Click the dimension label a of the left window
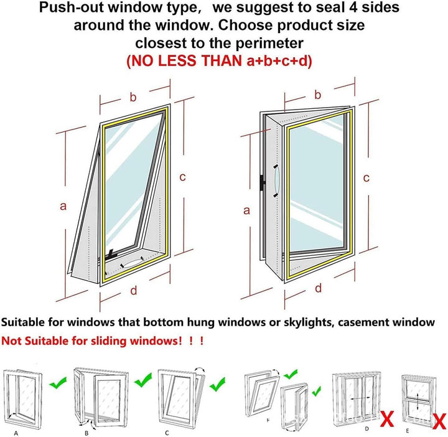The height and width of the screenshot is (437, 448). (63, 206)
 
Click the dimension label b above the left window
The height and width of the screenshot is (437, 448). (133, 97)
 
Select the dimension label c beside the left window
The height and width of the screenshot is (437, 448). (182, 177)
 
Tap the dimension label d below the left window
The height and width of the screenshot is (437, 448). (133, 290)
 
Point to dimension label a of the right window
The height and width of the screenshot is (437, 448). (246, 210)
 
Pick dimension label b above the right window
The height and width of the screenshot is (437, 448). (318, 95)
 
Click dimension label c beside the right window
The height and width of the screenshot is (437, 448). (366, 178)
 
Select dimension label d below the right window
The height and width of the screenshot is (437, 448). (319, 288)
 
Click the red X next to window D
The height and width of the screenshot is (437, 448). (387, 420)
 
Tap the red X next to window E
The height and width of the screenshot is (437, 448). (440, 421)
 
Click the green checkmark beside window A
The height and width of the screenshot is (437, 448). (58, 383)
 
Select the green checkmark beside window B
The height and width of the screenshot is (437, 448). (143, 380)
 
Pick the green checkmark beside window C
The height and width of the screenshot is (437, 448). (217, 384)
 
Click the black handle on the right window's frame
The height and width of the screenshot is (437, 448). (263, 183)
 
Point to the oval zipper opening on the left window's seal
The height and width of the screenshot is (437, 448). (132, 262)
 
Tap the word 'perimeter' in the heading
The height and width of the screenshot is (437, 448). (269, 44)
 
